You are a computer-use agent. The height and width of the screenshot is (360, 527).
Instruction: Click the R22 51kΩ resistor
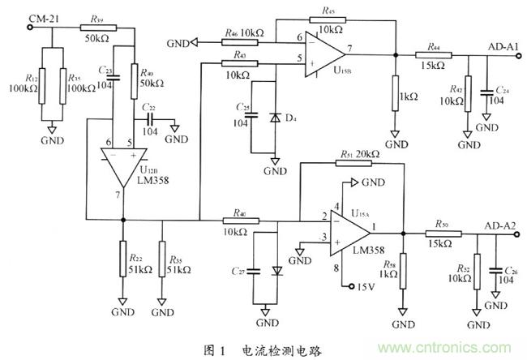(x=122, y=264)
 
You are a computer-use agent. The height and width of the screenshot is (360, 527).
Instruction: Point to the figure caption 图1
(x=213, y=349)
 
